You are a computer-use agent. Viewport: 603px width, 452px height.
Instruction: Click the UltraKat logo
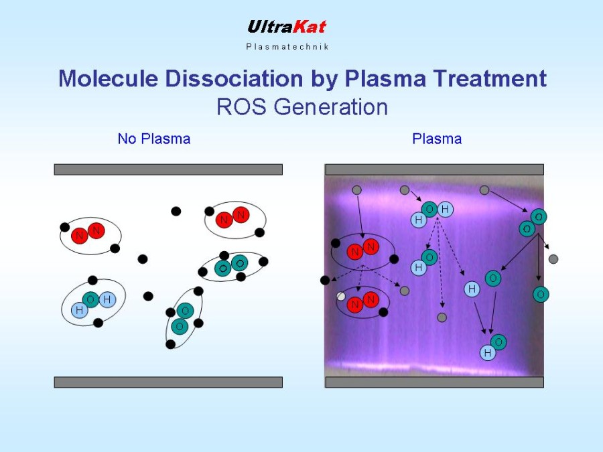pos(287,27)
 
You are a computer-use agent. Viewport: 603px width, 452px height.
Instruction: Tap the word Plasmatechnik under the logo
pos(287,47)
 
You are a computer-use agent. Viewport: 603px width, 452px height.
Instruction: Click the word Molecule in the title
pos(108,78)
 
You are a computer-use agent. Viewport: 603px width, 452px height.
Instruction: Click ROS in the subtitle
pos(241,106)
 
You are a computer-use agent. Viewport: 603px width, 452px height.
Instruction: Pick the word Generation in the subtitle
pos(331,106)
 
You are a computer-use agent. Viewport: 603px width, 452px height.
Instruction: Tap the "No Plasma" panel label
pos(154,139)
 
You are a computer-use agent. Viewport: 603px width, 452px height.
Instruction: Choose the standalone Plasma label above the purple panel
pos(437,139)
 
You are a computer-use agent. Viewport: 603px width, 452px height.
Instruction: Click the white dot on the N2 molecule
pos(341,296)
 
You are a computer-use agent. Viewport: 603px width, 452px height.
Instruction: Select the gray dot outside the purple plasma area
pos(553,259)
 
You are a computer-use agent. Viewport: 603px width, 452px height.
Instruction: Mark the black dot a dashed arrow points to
pos(325,280)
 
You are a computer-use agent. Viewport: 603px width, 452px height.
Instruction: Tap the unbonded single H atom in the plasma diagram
pos(472,289)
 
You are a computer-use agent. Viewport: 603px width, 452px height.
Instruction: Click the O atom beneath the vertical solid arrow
pos(541,295)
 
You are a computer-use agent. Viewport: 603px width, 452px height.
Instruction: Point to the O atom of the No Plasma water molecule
pos(90,299)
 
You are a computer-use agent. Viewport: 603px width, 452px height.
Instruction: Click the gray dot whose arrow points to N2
pos(357,190)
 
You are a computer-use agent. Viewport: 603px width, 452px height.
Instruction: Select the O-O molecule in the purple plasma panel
pos(533,223)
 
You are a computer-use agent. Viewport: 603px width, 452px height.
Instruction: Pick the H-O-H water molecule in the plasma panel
pos(432,214)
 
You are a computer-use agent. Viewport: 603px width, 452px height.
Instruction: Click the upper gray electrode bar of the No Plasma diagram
pos(168,169)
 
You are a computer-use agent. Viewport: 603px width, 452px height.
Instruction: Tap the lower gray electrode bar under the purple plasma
pos(435,382)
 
